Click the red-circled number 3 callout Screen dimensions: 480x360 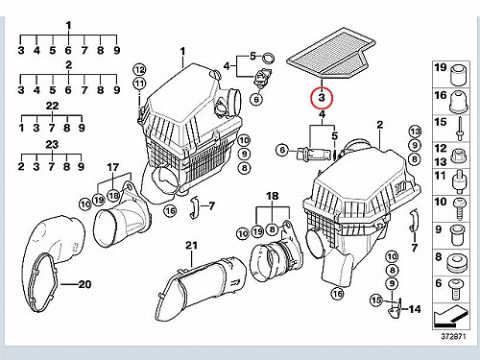click(322, 98)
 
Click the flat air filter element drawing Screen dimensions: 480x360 click(331, 54)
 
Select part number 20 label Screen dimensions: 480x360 click(84, 284)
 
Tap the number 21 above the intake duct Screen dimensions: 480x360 click(191, 246)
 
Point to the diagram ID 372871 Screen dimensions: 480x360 click(453, 337)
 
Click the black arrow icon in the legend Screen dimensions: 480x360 click(449, 316)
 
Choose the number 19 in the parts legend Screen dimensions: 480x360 click(440, 67)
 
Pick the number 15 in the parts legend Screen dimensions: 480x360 click(440, 122)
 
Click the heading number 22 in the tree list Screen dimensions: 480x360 click(53, 106)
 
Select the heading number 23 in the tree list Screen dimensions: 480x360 click(52, 145)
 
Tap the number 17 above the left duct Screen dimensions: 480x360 click(112, 167)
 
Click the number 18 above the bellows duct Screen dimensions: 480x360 click(273, 196)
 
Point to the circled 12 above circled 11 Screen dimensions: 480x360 click(139, 69)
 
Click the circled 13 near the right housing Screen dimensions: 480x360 click(415, 132)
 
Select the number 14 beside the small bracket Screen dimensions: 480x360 click(415, 309)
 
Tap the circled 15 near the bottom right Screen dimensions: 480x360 click(376, 300)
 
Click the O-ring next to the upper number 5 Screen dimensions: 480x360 click(269, 59)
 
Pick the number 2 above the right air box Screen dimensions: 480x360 click(380, 125)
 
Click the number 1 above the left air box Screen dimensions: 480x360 click(182, 51)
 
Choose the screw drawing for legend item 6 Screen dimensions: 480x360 click(454, 290)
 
